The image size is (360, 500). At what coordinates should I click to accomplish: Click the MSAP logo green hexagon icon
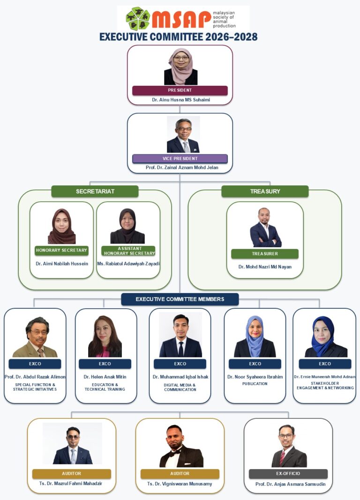click(x=138, y=18)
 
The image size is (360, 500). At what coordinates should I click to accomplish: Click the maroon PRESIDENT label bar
click(x=180, y=90)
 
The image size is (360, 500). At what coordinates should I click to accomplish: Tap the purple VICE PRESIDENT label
click(x=180, y=159)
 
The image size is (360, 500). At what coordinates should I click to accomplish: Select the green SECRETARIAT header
click(x=95, y=191)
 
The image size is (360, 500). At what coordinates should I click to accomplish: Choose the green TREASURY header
click(x=265, y=191)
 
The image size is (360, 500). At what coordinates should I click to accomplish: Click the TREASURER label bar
click(x=265, y=254)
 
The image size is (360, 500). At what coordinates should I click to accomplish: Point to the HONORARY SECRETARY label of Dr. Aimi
click(x=61, y=250)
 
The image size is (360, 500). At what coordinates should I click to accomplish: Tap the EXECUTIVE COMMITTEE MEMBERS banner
click(x=180, y=299)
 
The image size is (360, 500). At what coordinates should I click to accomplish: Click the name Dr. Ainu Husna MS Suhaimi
click(x=181, y=100)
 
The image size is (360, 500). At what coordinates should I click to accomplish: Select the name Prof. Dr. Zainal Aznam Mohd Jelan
click(x=182, y=167)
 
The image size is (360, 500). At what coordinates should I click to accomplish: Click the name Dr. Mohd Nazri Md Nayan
click(x=265, y=267)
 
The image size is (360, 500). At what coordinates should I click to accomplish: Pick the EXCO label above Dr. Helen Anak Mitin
click(x=105, y=364)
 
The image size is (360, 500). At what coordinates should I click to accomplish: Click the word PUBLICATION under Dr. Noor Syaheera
click(x=255, y=384)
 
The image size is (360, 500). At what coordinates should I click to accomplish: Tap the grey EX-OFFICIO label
click(x=288, y=474)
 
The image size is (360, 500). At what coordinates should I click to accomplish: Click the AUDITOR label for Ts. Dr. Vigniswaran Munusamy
click(x=180, y=474)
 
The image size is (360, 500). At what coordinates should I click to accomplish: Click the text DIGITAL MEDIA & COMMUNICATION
click(x=180, y=387)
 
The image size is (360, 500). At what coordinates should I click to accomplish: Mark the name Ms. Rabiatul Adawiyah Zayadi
click(x=128, y=264)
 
